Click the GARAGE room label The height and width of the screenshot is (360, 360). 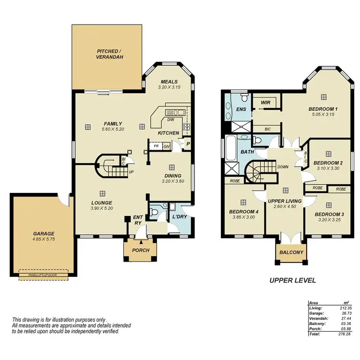click(44, 234)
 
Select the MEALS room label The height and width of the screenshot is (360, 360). click(169, 82)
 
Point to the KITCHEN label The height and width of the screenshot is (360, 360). click(168, 133)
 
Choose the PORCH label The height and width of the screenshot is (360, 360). click(140, 251)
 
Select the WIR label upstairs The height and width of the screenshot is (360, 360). click(265, 103)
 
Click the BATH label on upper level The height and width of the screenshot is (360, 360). click(247, 152)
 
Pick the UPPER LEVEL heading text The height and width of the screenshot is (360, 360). click(292, 281)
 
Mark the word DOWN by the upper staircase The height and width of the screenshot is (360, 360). click(283, 167)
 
